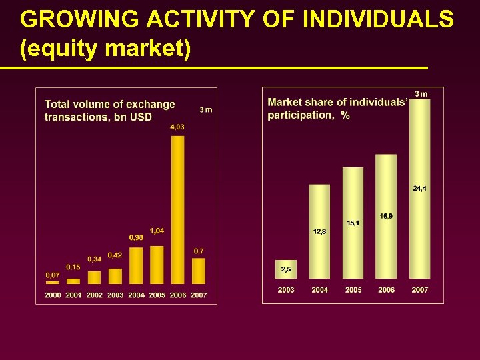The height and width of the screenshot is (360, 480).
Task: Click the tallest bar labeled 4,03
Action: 178,210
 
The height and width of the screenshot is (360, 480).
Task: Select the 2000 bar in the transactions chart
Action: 52,282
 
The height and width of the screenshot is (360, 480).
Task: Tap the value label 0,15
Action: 73,267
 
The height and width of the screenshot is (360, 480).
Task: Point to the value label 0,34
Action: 94,259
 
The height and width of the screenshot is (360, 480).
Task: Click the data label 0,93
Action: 136,237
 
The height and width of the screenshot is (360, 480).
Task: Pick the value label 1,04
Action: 157,231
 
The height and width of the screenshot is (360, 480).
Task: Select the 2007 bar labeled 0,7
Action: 199,271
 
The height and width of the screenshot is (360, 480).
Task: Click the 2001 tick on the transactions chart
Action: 73,295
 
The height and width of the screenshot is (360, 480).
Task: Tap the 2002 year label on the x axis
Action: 95,295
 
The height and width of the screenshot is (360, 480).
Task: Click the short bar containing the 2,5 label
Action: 286,269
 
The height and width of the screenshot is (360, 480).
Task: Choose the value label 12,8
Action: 319,231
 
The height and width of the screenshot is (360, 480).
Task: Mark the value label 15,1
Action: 353,223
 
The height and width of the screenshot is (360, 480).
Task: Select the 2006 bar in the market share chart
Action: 386,217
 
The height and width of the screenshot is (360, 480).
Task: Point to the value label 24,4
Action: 420,189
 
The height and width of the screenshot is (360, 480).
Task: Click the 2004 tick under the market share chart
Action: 319,290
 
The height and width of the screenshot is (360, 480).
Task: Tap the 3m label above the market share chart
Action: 421,93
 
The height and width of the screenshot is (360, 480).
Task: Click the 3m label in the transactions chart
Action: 205,110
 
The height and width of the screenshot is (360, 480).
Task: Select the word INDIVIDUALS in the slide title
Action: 378,20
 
